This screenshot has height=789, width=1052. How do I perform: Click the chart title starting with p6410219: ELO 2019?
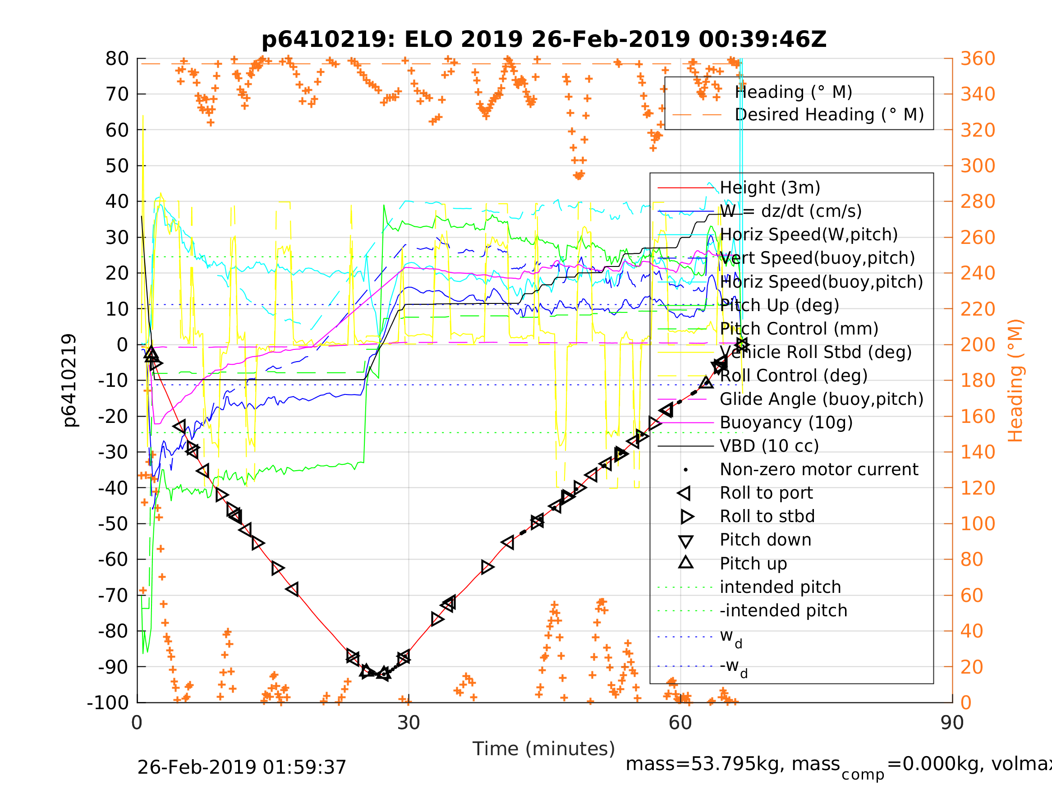click(544, 40)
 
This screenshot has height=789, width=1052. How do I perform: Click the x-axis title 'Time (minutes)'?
click(544, 748)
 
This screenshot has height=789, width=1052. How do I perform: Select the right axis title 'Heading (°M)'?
click(1015, 381)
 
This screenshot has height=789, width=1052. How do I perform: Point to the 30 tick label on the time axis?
click(409, 723)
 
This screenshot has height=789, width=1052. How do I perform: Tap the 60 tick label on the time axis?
click(680, 723)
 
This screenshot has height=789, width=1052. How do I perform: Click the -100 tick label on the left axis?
click(107, 702)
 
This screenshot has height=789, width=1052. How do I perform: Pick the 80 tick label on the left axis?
click(117, 59)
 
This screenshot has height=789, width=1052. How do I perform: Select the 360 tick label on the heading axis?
click(978, 59)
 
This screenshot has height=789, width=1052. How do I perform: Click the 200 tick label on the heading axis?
click(978, 345)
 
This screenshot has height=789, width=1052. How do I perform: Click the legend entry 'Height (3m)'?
click(770, 188)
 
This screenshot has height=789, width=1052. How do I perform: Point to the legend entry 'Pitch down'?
click(765, 540)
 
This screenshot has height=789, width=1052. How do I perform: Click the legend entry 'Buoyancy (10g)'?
click(786, 423)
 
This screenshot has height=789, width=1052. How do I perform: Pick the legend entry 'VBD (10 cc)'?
click(769, 446)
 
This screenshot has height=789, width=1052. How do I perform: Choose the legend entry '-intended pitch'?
click(783, 610)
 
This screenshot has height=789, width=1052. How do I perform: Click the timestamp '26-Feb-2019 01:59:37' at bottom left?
click(242, 767)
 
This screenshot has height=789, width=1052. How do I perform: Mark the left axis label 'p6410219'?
click(69, 381)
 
